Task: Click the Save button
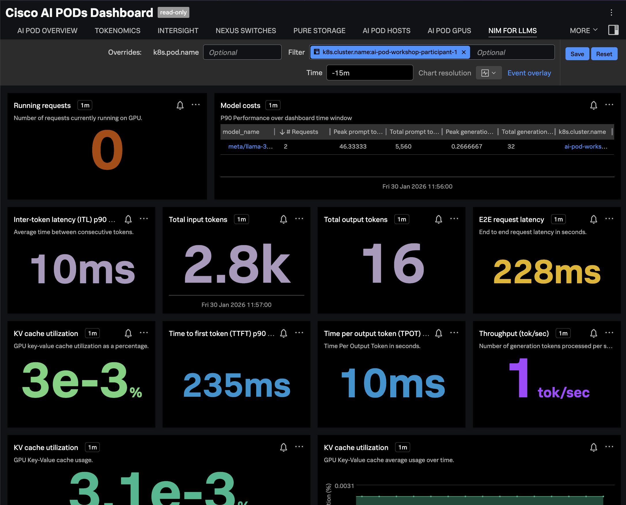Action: pos(577,54)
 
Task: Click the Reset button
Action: pos(604,54)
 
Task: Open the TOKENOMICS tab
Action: pos(117,31)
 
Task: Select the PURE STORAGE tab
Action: pos(319,31)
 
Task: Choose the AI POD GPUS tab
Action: pos(449,31)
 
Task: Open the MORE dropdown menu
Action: pos(583,31)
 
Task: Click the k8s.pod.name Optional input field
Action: pos(242,52)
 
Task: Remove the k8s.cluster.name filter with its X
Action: pos(463,52)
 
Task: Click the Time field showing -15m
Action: pos(369,73)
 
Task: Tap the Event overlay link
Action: pos(529,73)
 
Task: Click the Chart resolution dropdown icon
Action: pos(488,73)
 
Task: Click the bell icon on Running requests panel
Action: pos(180,105)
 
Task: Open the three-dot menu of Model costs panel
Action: pos(609,105)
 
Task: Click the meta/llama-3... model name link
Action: pos(250,146)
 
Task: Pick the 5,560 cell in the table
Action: pos(403,146)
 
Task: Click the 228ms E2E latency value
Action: pos(546,272)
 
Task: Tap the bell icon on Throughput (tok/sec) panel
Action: pos(593,333)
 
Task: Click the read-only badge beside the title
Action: pos(173,12)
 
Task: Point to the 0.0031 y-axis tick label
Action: pos(344,485)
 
